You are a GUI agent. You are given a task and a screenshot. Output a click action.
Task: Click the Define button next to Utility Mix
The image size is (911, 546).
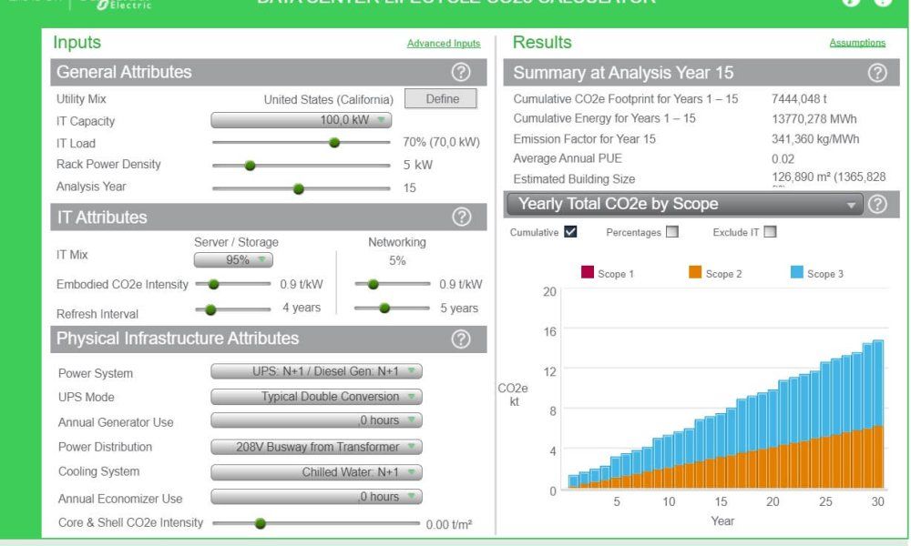click(x=442, y=98)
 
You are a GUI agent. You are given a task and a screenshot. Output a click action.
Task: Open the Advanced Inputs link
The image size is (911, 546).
click(x=443, y=44)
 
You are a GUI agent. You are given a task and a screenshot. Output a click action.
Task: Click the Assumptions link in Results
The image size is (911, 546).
click(x=856, y=43)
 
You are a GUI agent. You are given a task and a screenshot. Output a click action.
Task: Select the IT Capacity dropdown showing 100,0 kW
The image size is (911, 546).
click(x=302, y=120)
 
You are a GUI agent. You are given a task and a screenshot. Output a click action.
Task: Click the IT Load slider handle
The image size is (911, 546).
click(x=334, y=143)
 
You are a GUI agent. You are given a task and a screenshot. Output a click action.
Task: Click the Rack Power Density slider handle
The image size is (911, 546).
click(x=251, y=166)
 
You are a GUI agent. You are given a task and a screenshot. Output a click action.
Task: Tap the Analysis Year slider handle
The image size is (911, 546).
click(x=299, y=188)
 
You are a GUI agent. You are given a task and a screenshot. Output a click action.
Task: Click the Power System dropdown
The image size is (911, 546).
click(x=316, y=372)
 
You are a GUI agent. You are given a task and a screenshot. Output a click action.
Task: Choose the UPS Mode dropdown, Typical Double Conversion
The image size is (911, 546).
click(x=316, y=397)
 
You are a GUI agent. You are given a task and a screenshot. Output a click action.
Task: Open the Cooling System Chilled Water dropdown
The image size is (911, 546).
click(x=316, y=471)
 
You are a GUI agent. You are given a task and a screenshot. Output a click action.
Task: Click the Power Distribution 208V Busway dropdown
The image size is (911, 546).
click(x=316, y=447)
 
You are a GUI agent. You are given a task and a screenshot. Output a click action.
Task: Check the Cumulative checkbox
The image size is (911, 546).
click(x=570, y=231)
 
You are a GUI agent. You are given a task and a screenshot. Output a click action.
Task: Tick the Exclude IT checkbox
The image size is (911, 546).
click(x=770, y=231)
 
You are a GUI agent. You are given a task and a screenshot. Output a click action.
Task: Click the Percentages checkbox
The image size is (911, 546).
click(x=672, y=231)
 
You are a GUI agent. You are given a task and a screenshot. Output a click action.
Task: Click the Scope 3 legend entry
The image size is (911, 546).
click(x=820, y=274)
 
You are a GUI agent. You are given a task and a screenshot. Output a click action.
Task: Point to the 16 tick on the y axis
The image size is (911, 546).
click(x=550, y=331)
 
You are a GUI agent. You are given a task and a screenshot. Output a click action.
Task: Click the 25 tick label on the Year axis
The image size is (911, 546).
click(x=825, y=502)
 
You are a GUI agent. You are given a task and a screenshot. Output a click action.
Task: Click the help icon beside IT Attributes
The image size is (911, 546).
click(x=462, y=217)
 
